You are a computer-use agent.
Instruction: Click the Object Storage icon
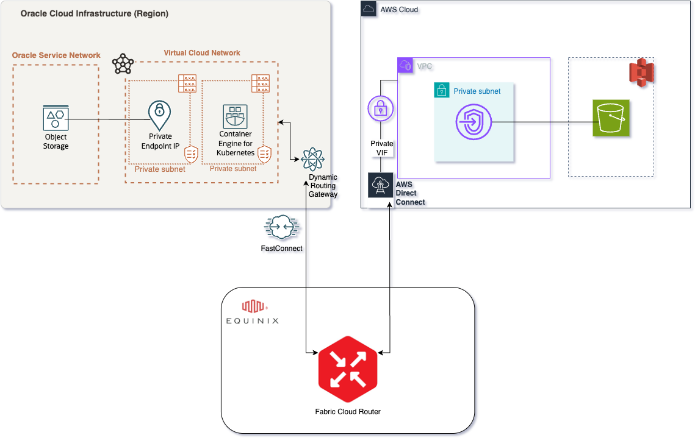coord(56,118)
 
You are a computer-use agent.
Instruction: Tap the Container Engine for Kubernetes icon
coord(235,117)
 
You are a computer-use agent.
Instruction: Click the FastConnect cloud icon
coord(281,228)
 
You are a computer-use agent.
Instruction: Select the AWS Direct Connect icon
coord(381,185)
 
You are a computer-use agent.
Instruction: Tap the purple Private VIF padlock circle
coord(381,110)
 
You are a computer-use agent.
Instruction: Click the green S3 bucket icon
coord(611,118)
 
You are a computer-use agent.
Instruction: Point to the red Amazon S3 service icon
coord(641,73)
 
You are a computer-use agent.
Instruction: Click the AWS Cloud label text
coord(399,10)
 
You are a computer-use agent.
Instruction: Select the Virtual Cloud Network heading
coord(202,53)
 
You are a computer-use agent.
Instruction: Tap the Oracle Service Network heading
coord(56,55)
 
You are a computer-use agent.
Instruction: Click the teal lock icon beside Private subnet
coord(441,91)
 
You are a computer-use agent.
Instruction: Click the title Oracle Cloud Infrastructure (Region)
coord(95,13)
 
